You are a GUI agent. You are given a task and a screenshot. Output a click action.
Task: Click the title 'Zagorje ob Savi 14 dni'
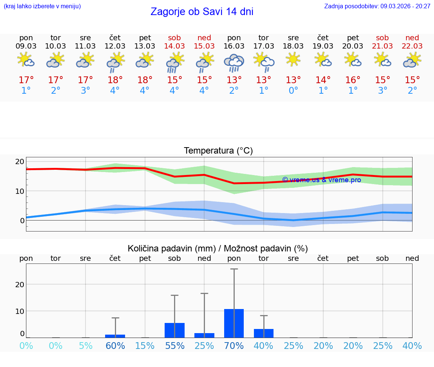202,12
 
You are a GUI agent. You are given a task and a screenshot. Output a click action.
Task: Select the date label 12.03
115,46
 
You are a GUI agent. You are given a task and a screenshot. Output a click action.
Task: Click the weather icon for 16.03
234,62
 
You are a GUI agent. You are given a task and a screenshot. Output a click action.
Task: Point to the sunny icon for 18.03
293,59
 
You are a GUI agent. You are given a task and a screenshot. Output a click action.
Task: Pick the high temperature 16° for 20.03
353,80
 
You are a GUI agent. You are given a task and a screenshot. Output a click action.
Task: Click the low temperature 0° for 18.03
293,91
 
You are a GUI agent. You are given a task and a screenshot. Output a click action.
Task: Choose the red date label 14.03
174,46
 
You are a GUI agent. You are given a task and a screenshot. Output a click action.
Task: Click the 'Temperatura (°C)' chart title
218,151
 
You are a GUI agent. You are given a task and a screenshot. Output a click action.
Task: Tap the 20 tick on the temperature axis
20,161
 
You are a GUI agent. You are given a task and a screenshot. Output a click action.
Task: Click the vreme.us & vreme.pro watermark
321,180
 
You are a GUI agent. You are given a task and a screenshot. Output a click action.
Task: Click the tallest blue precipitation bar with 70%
234,323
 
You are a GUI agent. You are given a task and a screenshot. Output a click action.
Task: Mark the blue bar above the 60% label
115,336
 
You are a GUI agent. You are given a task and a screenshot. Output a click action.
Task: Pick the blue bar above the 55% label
174,330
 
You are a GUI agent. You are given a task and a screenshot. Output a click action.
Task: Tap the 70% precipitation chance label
234,346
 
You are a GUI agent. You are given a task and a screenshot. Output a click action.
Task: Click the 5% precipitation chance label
86,346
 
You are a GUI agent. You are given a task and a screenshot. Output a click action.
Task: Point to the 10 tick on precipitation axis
20,311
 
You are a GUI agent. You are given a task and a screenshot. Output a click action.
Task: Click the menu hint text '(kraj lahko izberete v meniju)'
42,6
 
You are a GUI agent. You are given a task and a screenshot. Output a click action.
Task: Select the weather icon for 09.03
26,60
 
